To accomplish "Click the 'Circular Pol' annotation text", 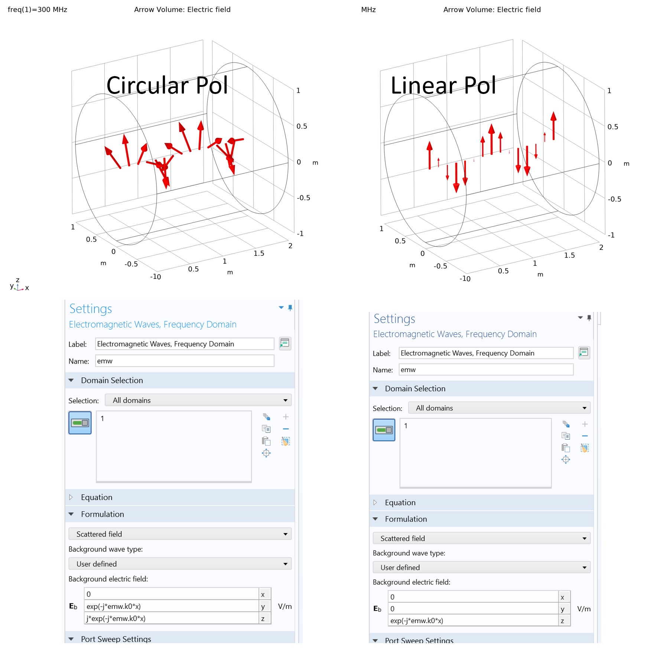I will [x=167, y=85].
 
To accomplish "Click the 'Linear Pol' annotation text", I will [x=443, y=85].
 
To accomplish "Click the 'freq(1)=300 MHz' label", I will [x=38, y=10].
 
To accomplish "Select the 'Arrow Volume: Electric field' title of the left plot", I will [x=182, y=10].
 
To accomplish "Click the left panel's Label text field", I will [x=184, y=344].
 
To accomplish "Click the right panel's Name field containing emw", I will [x=485, y=370].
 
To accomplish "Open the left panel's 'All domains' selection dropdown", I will [x=198, y=400].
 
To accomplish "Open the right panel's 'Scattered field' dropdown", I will [x=481, y=538].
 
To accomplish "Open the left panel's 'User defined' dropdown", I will [x=180, y=564].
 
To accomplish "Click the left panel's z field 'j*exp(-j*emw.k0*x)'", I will [x=171, y=619].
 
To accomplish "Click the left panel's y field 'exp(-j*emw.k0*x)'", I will [x=171, y=606].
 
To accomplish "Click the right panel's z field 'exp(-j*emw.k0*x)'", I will [x=473, y=621].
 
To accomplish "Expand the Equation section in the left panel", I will [x=97, y=498].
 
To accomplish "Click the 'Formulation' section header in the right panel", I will [x=406, y=519].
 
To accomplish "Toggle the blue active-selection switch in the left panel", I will [x=80, y=423].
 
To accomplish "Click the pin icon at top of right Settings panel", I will [x=589, y=318].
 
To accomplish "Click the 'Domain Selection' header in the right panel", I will [x=415, y=389].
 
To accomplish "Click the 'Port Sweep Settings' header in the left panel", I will [x=116, y=639].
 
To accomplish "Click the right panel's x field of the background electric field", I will [x=473, y=597].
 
